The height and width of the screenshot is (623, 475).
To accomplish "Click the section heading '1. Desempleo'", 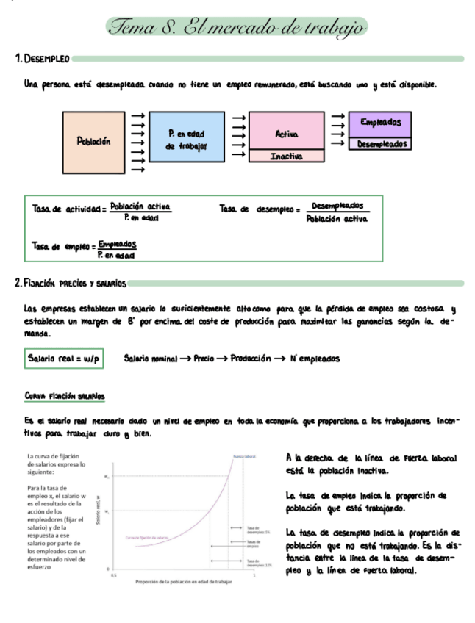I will (x=42, y=58).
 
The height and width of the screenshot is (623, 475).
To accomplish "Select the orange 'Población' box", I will (x=94, y=141).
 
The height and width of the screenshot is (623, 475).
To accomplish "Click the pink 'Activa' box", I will (x=286, y=133).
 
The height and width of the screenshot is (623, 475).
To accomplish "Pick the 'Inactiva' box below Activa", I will (x=286, y=156).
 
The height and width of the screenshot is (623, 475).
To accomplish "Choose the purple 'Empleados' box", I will (x=380, y=123).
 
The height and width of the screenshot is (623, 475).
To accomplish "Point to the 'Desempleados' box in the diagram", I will (x=380, y=144).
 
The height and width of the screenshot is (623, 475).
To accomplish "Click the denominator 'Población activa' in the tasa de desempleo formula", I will (x=337, y=218).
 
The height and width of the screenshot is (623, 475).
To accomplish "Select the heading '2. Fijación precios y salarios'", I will (x=71, y=283).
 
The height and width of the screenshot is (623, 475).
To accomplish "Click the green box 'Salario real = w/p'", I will (x=63, y=359).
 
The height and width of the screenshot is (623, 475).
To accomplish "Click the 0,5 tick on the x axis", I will (x=113, y=574).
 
